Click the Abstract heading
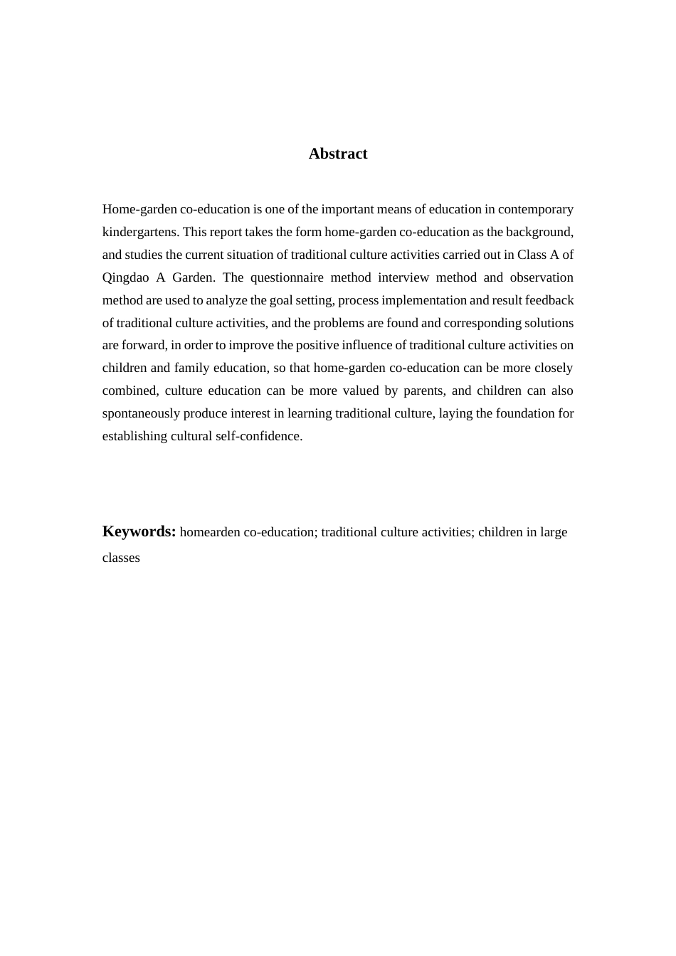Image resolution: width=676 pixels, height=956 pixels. (338, 154)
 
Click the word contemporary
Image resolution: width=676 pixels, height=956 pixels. (535, 209)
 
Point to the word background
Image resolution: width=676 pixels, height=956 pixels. (537, 232)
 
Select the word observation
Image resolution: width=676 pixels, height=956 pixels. (541, 277)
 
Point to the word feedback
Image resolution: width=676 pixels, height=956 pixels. (549, 300)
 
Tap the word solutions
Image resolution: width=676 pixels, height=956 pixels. (548, 323)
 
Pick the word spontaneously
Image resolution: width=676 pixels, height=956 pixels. (141, 413)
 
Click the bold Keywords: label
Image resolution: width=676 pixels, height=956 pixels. (139, 531)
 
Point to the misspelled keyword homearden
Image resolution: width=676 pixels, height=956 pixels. (210, 532)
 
